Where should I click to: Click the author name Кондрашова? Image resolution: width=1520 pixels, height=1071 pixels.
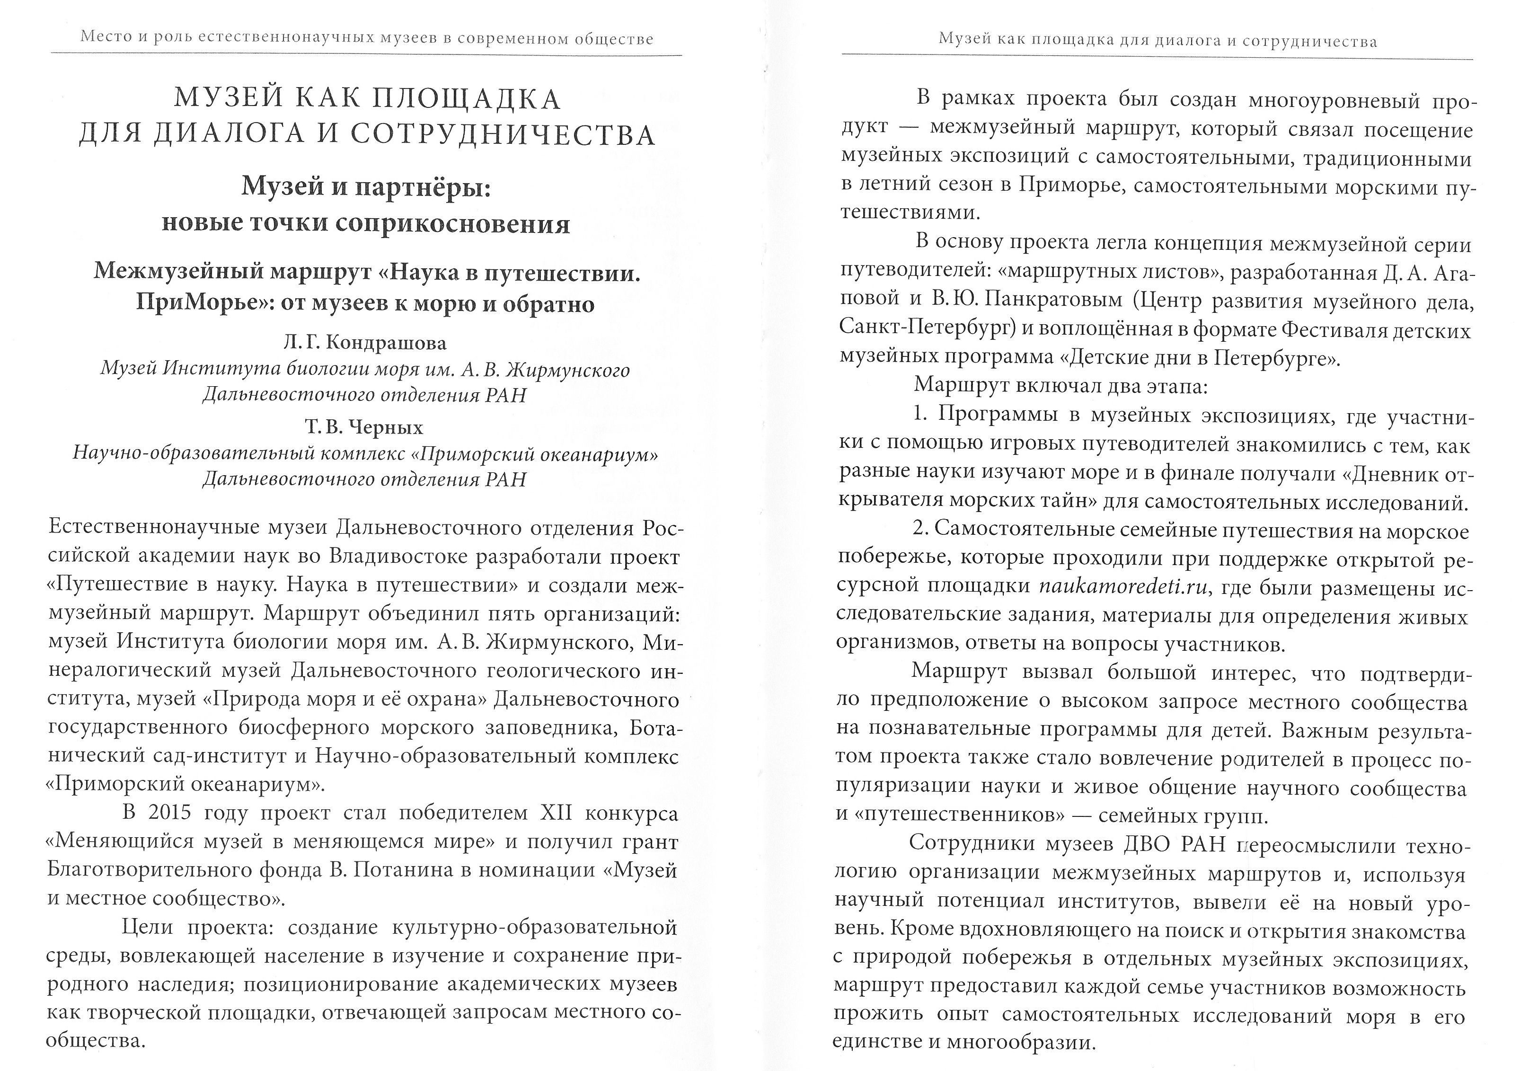pyautogui.click(x=387, y=343)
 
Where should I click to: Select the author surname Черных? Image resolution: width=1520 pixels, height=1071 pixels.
pyautogui.click(x=387, y=427)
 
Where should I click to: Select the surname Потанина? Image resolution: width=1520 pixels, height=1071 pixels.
pyautogui.click(x=403, y=870)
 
